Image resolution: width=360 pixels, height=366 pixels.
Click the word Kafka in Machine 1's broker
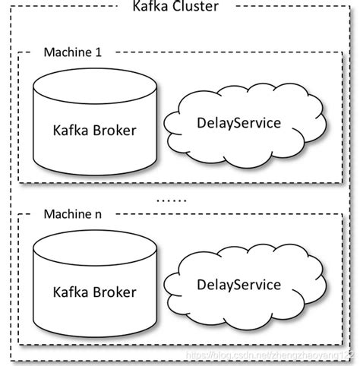[x=71, y=130]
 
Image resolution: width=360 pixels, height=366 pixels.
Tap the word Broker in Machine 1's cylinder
[x=115, y=130]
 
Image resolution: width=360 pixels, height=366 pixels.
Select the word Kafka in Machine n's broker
[x=71, y=292]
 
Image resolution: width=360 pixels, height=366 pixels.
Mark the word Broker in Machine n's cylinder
[x=115, y=292]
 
